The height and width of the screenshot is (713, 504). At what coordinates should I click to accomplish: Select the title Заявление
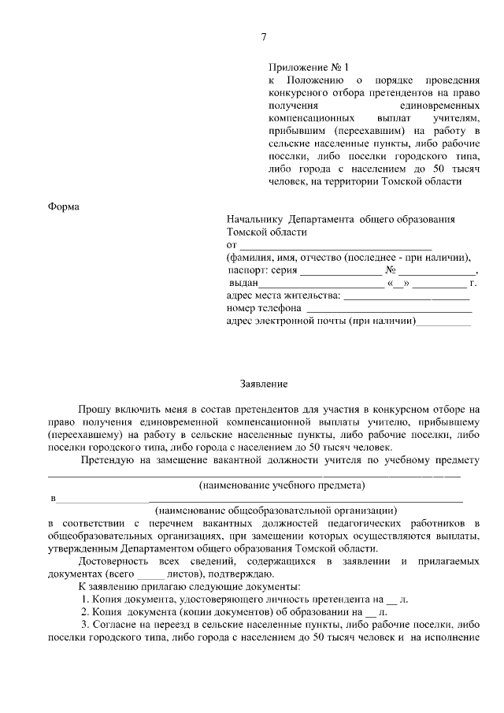[264, 384]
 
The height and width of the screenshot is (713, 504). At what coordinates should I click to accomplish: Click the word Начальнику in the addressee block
[254, 219]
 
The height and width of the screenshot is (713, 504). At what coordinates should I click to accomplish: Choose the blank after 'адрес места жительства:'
[406, 295]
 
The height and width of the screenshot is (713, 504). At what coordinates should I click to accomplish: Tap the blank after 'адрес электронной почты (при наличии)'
[443, 321]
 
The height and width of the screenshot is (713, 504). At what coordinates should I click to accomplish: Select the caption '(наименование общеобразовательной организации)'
[275, 510]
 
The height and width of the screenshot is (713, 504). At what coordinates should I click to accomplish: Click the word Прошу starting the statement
[94, 409]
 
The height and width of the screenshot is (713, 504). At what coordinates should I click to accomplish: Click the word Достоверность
[117, 560]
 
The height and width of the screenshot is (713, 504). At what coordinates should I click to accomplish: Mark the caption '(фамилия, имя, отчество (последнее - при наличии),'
[349, 258]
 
